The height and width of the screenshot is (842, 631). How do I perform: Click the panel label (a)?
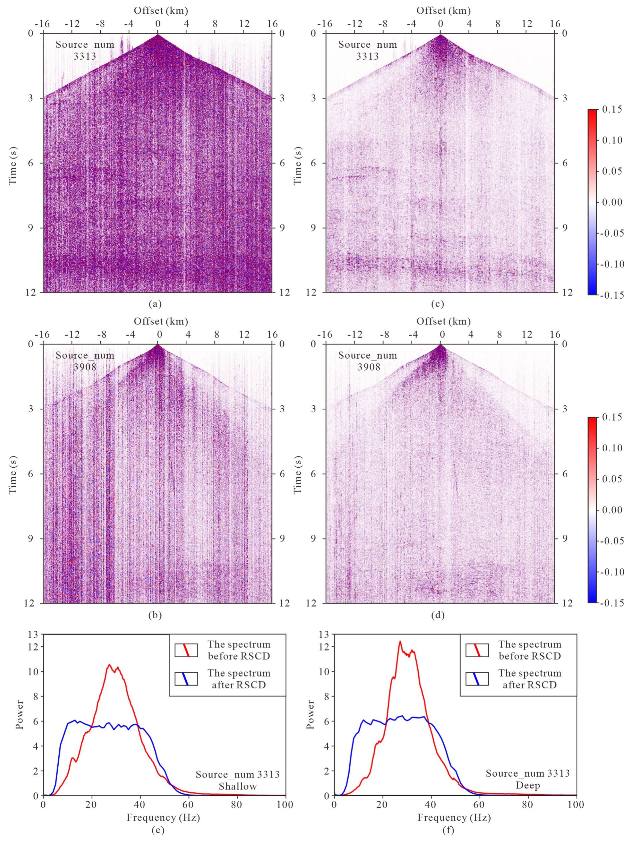tap(155, 304)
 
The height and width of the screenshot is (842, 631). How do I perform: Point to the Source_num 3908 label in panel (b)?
tap(85, 361)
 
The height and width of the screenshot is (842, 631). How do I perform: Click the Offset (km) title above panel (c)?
tap(443, 11)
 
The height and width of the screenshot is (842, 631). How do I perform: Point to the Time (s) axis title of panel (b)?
tap(13, 474)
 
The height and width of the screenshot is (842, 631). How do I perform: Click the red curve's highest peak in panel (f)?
tap(400, 642)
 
